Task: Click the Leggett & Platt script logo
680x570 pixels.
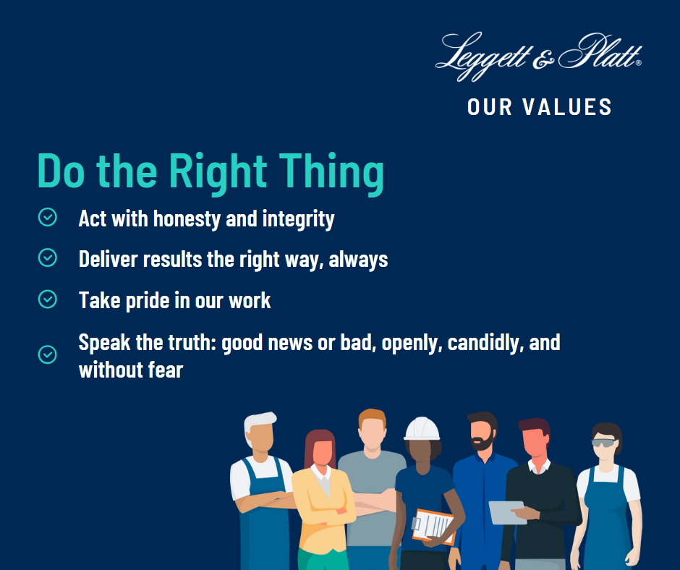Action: (539, 56)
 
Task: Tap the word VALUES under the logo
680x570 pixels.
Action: (567, 107)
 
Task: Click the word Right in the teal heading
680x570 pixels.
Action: (218, 172)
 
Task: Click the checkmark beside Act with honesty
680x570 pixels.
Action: (47, 217)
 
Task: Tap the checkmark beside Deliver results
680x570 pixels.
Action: (47, 258)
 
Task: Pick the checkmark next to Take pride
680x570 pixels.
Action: (47, 299)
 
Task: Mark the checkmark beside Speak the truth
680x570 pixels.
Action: (47, 354)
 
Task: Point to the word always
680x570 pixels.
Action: (358, 260)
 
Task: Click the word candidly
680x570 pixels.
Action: (485, 343)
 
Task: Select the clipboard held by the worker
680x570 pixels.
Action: (433, 526)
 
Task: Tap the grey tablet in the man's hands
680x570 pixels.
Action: (506, 512)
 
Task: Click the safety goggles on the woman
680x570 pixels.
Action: (605, 443)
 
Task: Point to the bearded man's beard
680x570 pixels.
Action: (483, 443)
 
